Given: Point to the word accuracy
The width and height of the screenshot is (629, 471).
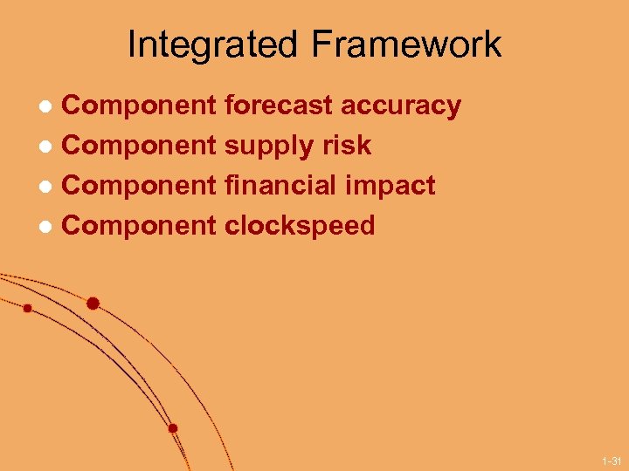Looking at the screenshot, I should pos(401,106).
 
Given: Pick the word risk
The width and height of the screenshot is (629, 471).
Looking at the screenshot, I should pos(348,145).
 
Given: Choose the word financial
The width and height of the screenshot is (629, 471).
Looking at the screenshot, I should pos(281,185).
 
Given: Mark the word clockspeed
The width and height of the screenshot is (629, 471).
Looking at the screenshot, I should pos(300,226).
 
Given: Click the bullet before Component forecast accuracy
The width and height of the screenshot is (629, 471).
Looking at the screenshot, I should pos(50,107).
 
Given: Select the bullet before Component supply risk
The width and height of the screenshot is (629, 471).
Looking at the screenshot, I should pos(50,147).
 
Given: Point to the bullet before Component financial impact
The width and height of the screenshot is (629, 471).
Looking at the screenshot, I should pos(50,187).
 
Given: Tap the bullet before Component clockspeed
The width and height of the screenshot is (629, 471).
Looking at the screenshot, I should pos(50,227).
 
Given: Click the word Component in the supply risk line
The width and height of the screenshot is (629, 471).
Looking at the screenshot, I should pos(140,146).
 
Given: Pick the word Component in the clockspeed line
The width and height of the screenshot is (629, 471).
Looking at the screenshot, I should pos(140,226).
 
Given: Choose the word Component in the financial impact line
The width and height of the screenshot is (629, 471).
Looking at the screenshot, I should pos(140,186).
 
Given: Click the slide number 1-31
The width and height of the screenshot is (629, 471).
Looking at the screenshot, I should pos(611,461).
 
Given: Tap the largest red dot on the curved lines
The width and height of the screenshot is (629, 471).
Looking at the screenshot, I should pos(93,304).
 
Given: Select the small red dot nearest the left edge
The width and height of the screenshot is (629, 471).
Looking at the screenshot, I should pos(27,308).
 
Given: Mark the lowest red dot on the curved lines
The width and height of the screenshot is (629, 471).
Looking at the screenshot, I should pos(173,428).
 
